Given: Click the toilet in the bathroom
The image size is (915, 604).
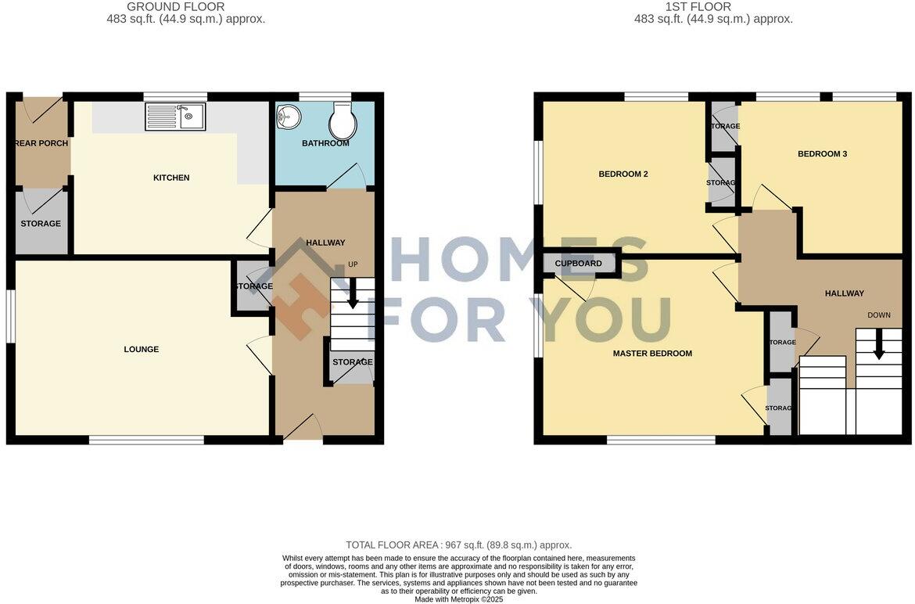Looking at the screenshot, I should tap(343, 121).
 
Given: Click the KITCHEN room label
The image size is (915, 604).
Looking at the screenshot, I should tap(171, 178).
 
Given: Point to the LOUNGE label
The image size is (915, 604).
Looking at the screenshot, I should tap(142, 349).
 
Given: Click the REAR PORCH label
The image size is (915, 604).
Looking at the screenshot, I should tap(41, 143).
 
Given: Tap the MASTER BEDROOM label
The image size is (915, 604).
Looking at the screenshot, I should tap(652, 353).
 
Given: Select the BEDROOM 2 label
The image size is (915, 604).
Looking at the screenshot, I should tap(623, 174).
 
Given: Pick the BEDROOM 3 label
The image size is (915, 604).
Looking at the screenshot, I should tap(822, 154).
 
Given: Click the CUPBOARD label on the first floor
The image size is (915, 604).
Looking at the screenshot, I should tap(579, 264).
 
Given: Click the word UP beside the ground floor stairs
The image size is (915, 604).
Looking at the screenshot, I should tap(353, 264).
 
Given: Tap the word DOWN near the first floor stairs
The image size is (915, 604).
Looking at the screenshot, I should tap(878, 315).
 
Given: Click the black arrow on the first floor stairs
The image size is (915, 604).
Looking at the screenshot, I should tap(879, 344).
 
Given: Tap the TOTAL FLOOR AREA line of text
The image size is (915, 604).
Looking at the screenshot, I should tap(458, 545).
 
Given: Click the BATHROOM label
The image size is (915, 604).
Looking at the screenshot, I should tap(325, 143).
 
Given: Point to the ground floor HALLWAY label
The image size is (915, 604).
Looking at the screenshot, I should tap(325, 243).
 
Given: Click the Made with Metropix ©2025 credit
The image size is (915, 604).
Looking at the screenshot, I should tap(458, 599).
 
